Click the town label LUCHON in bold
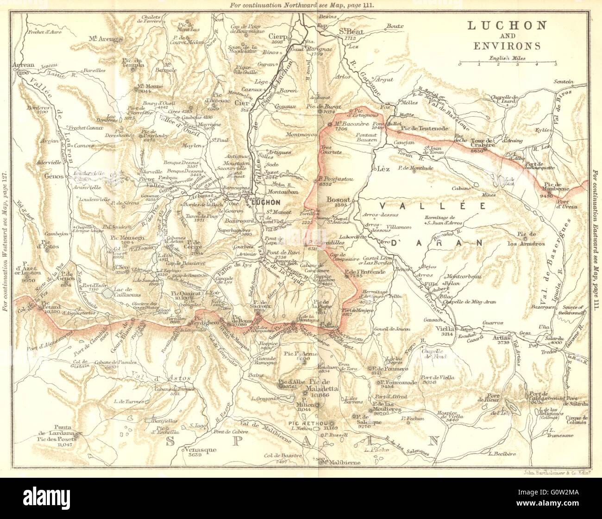click(265, 203)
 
